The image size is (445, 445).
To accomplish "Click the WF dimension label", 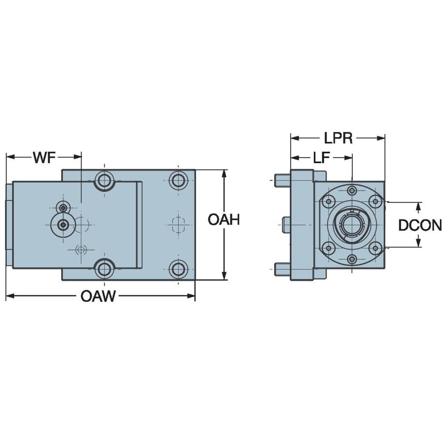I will point(44,157).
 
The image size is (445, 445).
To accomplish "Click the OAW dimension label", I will point(98,296).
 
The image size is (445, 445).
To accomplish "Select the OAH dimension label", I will point(224,220).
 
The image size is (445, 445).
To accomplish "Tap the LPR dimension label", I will point(338,138).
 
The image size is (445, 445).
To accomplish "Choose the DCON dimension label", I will point(420,225).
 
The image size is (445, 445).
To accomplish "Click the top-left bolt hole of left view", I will point(104,181).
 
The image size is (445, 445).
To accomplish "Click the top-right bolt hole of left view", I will point(178,181).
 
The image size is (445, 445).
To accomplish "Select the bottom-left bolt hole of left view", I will point(104,269).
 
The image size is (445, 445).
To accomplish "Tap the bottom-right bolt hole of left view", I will point(178,269).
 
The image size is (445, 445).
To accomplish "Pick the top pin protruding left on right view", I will point(282,180).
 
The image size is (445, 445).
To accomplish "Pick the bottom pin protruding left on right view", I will point(282,269).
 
